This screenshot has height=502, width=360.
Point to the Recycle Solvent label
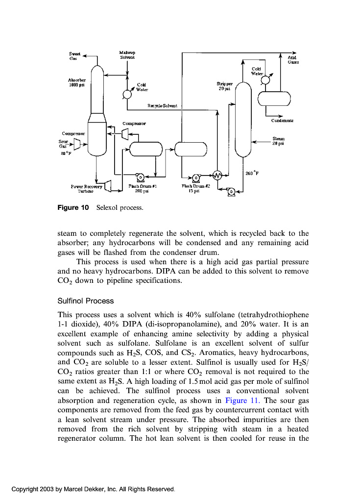[x=162, y=105]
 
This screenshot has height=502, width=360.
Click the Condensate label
[x=283, y=120]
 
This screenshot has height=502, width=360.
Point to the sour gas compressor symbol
[x=76, y=144]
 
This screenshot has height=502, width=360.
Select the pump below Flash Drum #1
[x=140, y=177]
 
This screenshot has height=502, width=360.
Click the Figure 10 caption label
[x=73, y=208]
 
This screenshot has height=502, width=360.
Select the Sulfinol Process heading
[x=85, y=301]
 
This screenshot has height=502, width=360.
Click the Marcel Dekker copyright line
[x=93, y=489]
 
